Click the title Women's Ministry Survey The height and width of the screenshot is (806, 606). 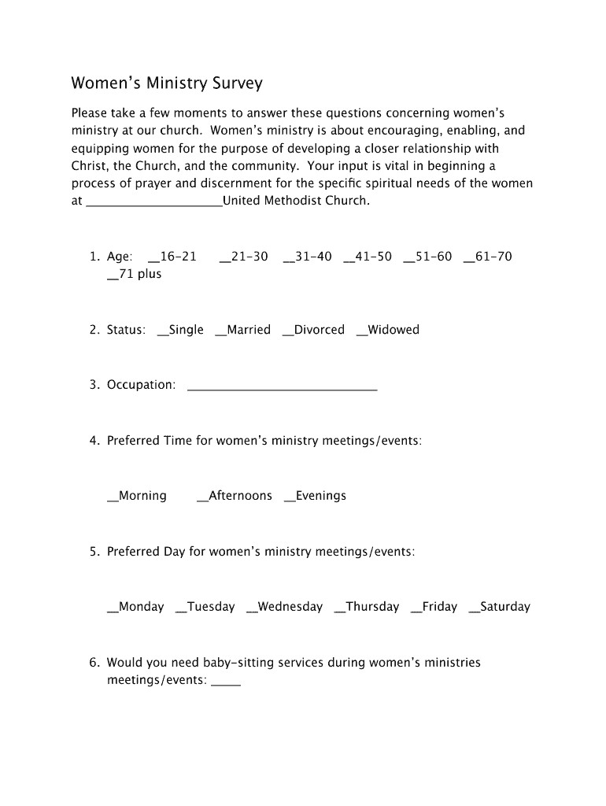(167, 83)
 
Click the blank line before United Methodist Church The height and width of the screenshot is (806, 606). (153, 201)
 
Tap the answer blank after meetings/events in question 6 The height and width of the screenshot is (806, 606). (227, 681)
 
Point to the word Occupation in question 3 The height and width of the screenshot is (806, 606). (141, 385)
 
